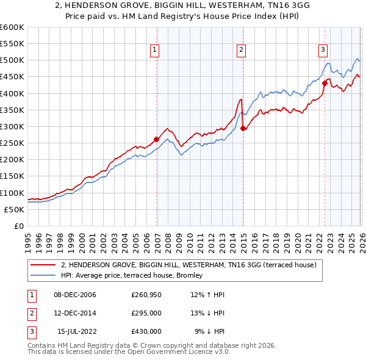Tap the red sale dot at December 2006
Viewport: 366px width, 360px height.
(157, 139)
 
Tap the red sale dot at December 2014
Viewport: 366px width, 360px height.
(243, 128)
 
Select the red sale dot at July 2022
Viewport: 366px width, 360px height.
(325, 83)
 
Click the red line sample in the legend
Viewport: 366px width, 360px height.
(43, 265)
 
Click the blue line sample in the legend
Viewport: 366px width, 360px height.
(43, 276)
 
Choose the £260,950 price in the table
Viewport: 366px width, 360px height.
(146, 295)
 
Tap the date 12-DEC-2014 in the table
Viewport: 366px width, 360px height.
(75, 313)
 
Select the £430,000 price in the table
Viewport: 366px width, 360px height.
(146, 331)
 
